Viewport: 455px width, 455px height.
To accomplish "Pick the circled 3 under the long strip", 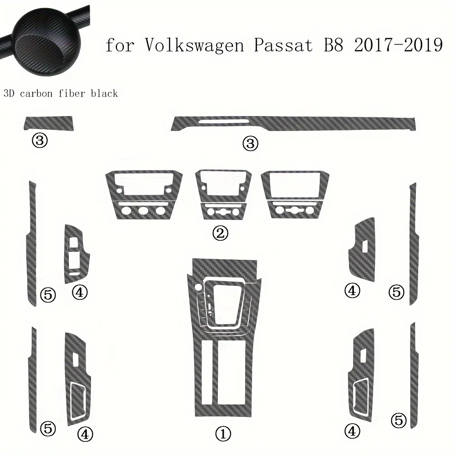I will (x=251, y=144).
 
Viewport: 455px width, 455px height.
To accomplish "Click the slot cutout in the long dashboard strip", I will (x=223, y=121).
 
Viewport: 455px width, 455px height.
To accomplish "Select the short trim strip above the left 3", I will (x=50, y=122).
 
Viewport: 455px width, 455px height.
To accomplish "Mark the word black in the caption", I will (x=106, y=93).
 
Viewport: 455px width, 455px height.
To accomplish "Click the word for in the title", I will (x=121, y=46).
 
